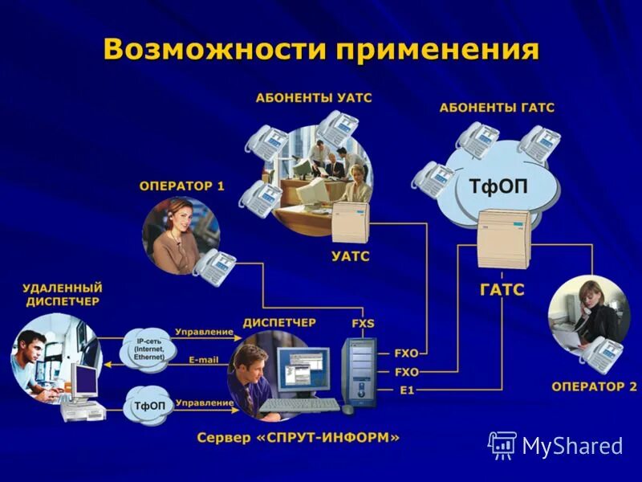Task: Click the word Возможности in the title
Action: coord(213,50)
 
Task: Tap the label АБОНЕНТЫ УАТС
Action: coord(314,98)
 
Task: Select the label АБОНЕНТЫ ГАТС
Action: coord(497,108)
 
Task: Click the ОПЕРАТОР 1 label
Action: coord(181,186)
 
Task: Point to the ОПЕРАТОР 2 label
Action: coord(594,386)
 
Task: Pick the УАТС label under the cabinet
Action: coord(351,256)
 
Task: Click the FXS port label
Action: coord(363,324)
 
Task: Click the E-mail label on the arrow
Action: coord(204,360)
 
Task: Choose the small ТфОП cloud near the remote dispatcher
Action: coord(148,405)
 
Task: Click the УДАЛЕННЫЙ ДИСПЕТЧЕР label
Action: coord(63,293)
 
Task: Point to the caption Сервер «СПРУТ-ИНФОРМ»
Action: coord(298,438)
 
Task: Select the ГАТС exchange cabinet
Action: coord(503,238)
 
